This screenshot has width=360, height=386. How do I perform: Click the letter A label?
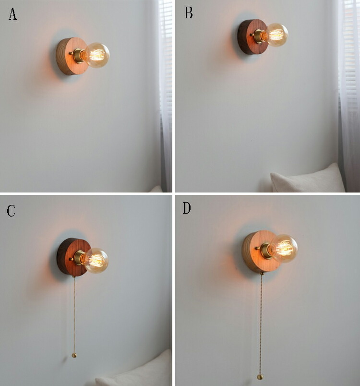coord(12,14)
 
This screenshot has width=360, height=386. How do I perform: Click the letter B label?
coord(189,13)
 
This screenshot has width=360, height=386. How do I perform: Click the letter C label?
coord(11,211)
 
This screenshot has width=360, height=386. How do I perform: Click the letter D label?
coord(187,208)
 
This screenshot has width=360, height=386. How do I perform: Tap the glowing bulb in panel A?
coord(97,55)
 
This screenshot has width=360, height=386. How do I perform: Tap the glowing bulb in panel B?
coord(277,35)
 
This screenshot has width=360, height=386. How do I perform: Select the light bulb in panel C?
coord(96,260)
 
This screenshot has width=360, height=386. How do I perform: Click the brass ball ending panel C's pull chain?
coord(74,355)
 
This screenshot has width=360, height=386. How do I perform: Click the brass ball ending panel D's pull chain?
coord(260,377)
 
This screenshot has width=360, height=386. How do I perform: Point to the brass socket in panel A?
coord(79,56)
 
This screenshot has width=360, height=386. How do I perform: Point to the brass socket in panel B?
coord(260,36)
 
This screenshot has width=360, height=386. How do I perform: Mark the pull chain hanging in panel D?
coord(261,326)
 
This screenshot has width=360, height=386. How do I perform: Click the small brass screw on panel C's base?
coord(71,259)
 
